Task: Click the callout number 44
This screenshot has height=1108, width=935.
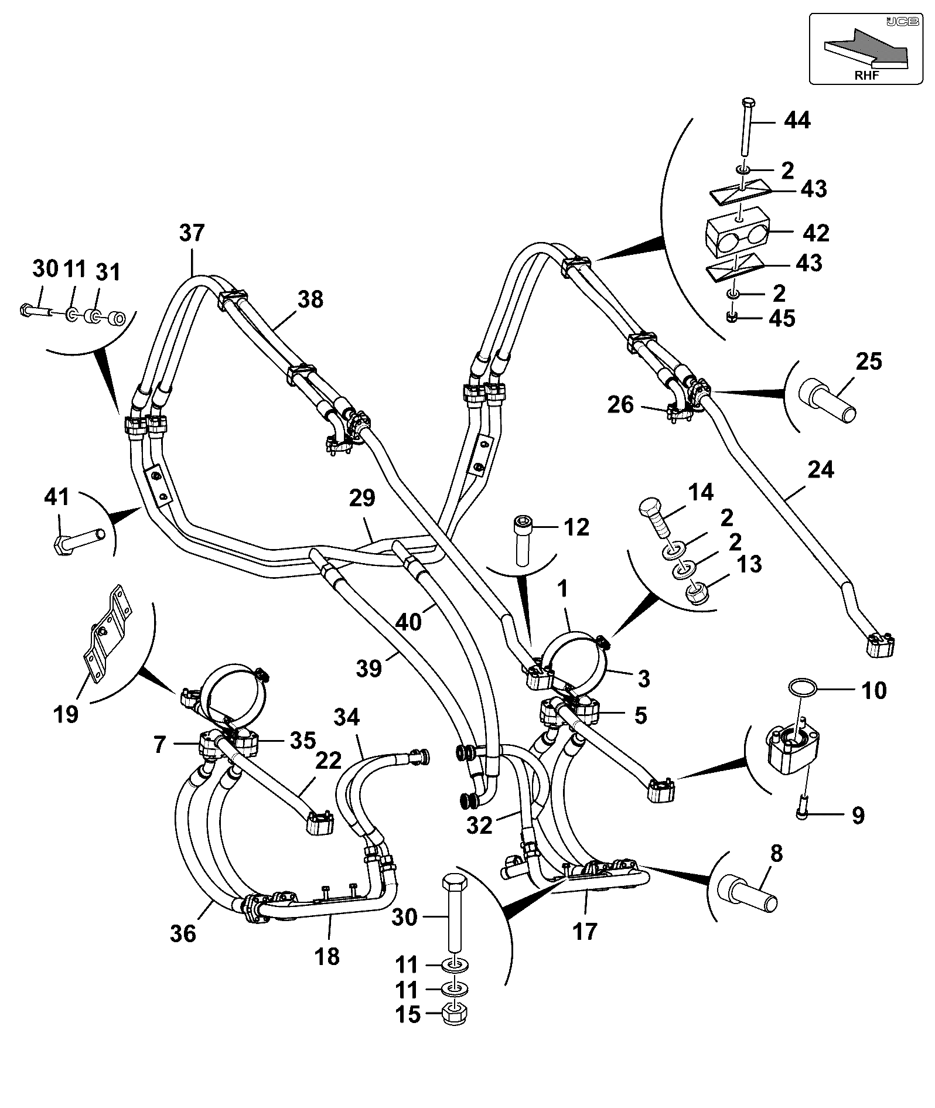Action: click(797, 120)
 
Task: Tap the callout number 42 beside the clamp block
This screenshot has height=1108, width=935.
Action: click(816, 233)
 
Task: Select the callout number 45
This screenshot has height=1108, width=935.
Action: click(782, 318)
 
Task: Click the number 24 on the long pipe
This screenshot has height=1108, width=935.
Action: click(820, 469)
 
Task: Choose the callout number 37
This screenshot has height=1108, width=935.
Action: click(192, 233)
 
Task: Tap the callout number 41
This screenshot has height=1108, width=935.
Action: click(57, 497)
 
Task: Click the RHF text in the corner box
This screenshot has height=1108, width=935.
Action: click(866, 76)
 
